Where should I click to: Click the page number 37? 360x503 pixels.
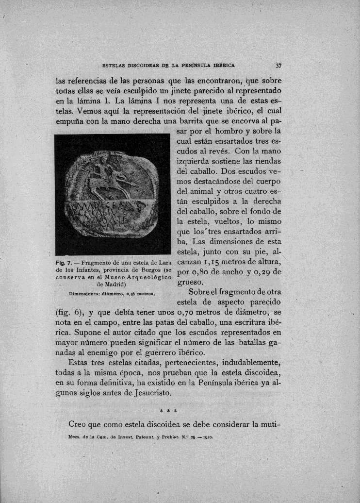coord(279,66)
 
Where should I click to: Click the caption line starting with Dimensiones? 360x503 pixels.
coord(113,293)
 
